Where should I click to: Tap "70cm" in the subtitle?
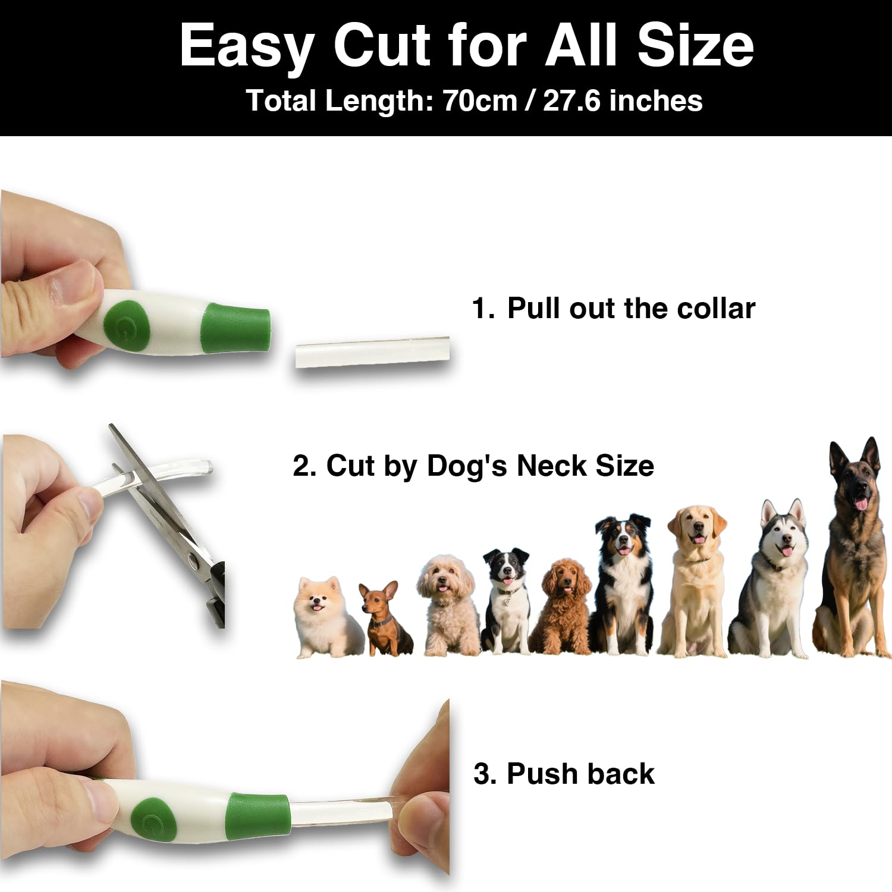[x=480, y=100]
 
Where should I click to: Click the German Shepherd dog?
[x=853, y=550]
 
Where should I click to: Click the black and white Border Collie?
[x=505, y=601]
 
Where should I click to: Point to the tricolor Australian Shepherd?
[x=623, y=586]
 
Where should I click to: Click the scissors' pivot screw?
[x=194, y=559]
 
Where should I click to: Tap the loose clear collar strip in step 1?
[x=372, y=353]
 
